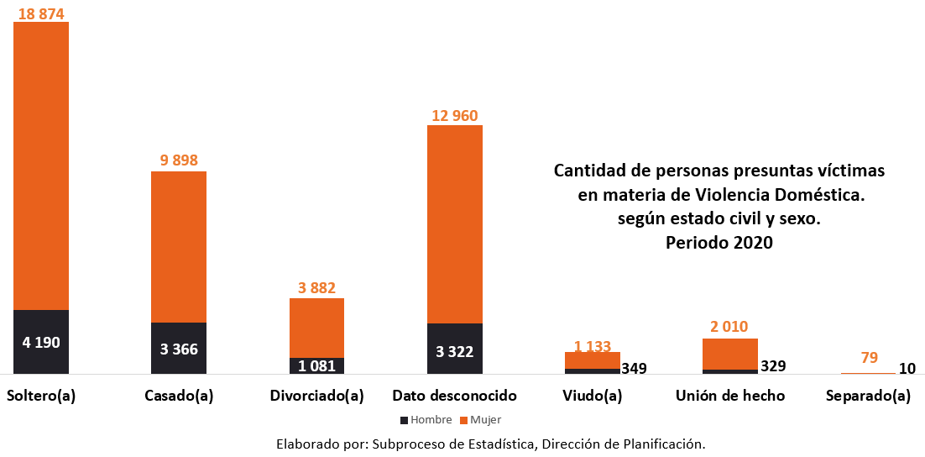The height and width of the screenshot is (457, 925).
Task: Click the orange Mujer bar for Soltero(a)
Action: pos(41,165)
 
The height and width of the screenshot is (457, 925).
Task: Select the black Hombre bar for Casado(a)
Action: pos(179,348)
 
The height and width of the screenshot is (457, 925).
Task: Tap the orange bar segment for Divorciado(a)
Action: pos(316,328)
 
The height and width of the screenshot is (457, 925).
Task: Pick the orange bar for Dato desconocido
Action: pos(455,223)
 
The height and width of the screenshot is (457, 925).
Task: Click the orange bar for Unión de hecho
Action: pos(730,354)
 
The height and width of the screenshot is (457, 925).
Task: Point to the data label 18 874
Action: pos(40,13)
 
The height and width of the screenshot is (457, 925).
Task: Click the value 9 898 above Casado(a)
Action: pos(178,160)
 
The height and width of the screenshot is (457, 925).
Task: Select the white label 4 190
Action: pos(40,343)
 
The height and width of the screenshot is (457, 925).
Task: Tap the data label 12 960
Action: pos(454,116)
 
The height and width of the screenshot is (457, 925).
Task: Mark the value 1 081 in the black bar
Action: pos(316,366)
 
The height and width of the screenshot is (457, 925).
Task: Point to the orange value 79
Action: pos(869,358)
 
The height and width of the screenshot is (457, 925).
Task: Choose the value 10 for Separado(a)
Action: pos(907,368)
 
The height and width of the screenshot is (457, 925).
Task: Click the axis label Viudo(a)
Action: pos(593,396)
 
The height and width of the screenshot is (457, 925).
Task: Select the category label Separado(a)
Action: pos(868,396)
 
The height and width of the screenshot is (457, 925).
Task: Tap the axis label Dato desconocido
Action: pos(455,396)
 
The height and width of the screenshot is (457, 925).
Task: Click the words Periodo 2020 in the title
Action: pos(719,242)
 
